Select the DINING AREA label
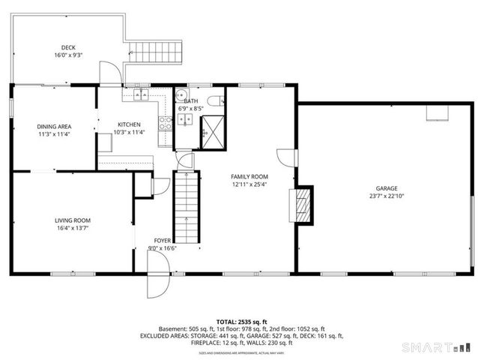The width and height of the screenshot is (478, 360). pos(54,127)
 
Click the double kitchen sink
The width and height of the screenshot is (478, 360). pos(145,95)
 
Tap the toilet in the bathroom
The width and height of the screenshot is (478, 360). pos(215,99)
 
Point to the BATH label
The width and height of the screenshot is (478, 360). pos(191,100)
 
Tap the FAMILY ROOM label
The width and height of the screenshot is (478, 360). pos(249,176)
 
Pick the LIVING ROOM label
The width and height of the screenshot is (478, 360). pos(73,220)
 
